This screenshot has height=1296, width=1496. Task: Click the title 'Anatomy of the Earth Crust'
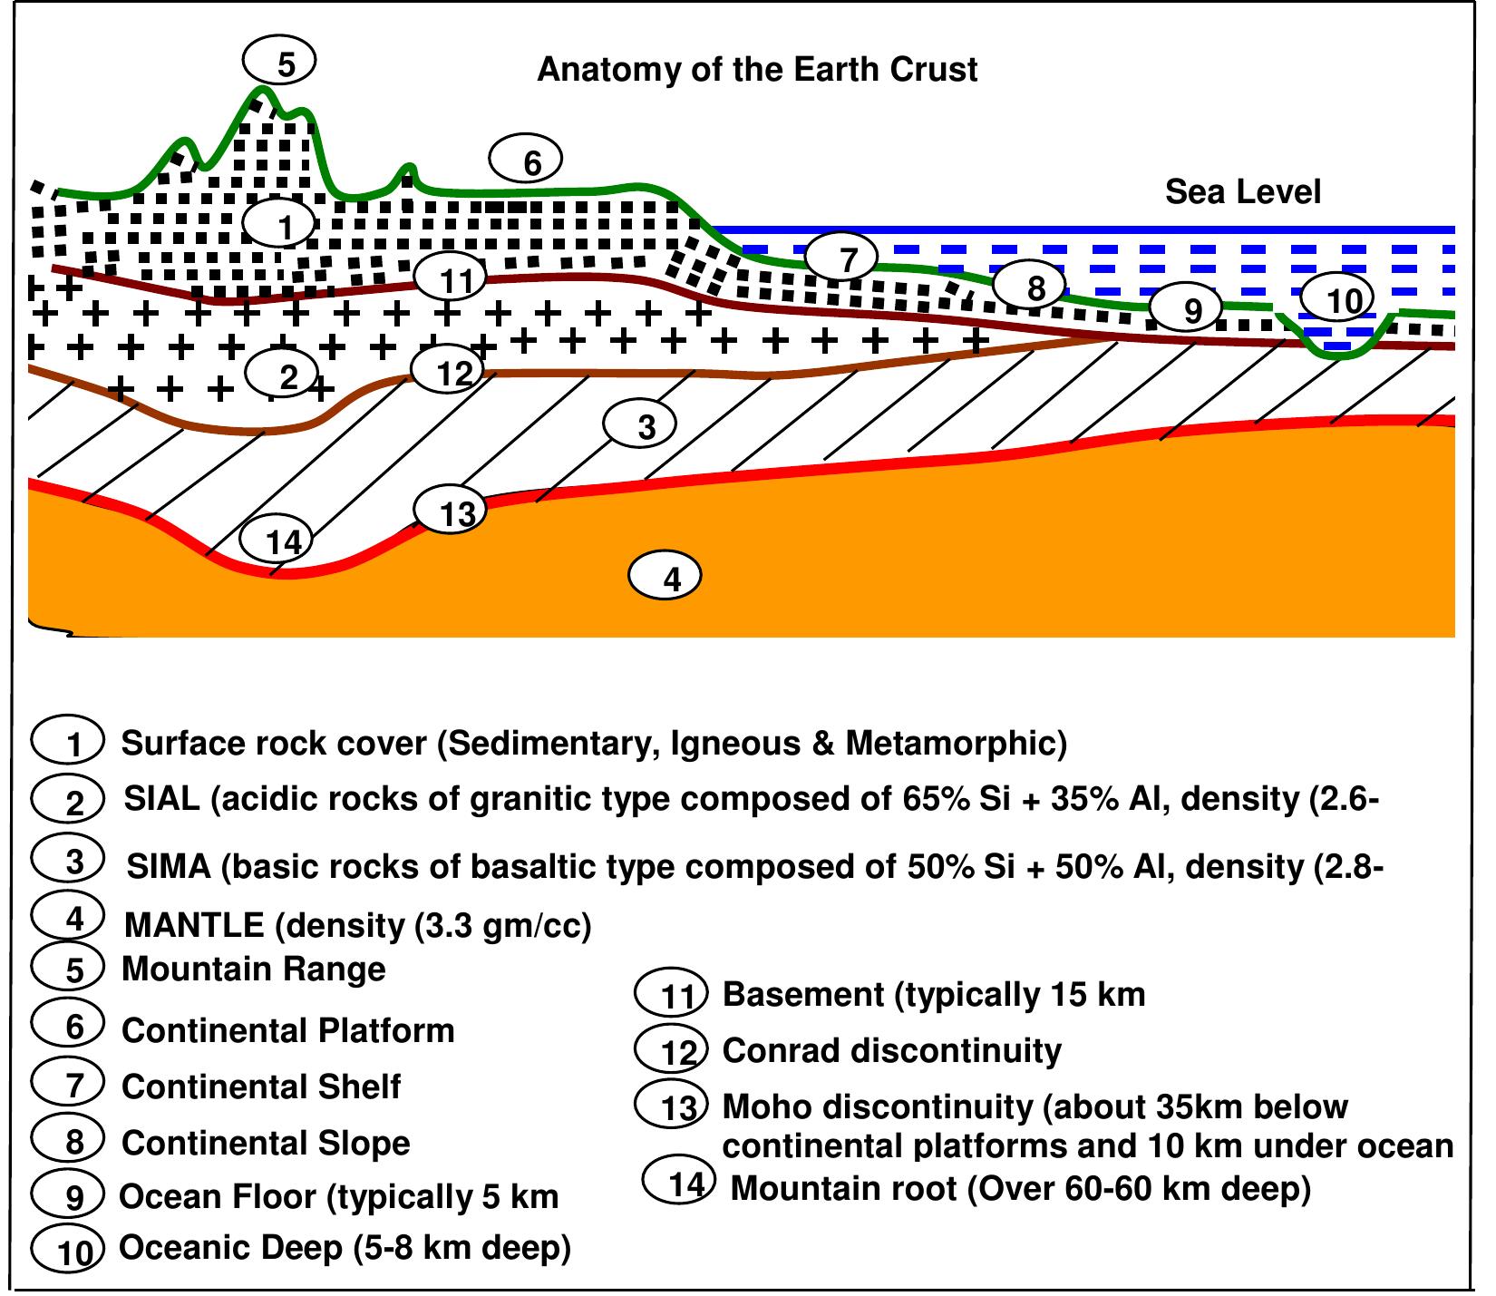pyautogui.click(x=757, y=70)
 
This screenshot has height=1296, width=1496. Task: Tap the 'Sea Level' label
pyautogui.click(x=1242, y=192)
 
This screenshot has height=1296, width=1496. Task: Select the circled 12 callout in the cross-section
pyautogui.click(x=448, y=370)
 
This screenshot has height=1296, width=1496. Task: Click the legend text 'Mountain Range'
pyautogui.click(x=254, y=969)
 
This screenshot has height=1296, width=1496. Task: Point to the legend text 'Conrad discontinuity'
pyautogui.click(x=891, y=1050)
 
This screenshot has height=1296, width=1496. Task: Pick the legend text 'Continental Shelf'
pyautogui.click(x=261, y=1086)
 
